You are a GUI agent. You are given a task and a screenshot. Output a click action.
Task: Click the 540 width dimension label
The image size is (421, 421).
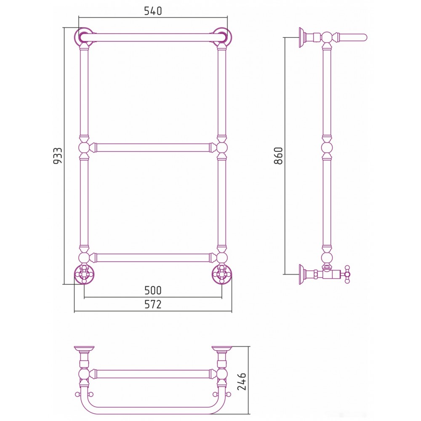coord(153,11)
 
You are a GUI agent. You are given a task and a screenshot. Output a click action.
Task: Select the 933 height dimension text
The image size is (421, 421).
coord(58,156)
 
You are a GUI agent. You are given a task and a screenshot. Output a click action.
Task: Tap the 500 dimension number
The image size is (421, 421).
coord(153,290)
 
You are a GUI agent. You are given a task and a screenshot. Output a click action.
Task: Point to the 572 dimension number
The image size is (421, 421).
coord(153,304)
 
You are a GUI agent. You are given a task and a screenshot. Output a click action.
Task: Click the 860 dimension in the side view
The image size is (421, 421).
coord(278,156)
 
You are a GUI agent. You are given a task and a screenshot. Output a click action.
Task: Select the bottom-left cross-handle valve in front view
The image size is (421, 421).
coord(84,274)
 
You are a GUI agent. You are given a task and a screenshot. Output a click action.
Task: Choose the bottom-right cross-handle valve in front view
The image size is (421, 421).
coord(222,274)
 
